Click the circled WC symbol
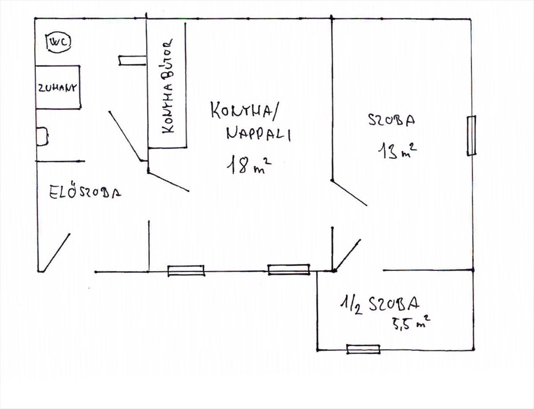pyautogui.click(x=59, y=42)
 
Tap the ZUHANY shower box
pyautogui.click(x=58, y=87)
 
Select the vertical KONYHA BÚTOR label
pyautogui.click(x=168, y=86)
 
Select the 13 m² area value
pyautogui.click(x=397, y=151)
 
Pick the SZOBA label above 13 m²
pyautogui.click(x=392, y=120)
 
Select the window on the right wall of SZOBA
pyautogui.click(x=471, y=136)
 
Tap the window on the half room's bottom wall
pyautogui.click(x=363, y=349)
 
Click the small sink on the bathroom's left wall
pyautogui.click(x=42, y=137)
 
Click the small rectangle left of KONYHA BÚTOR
pyautogui.click(x=132, y=61)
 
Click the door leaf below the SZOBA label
pyautogui.click(x=349, y=193)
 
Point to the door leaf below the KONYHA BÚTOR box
pyautogui.click(x=168, y=181)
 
